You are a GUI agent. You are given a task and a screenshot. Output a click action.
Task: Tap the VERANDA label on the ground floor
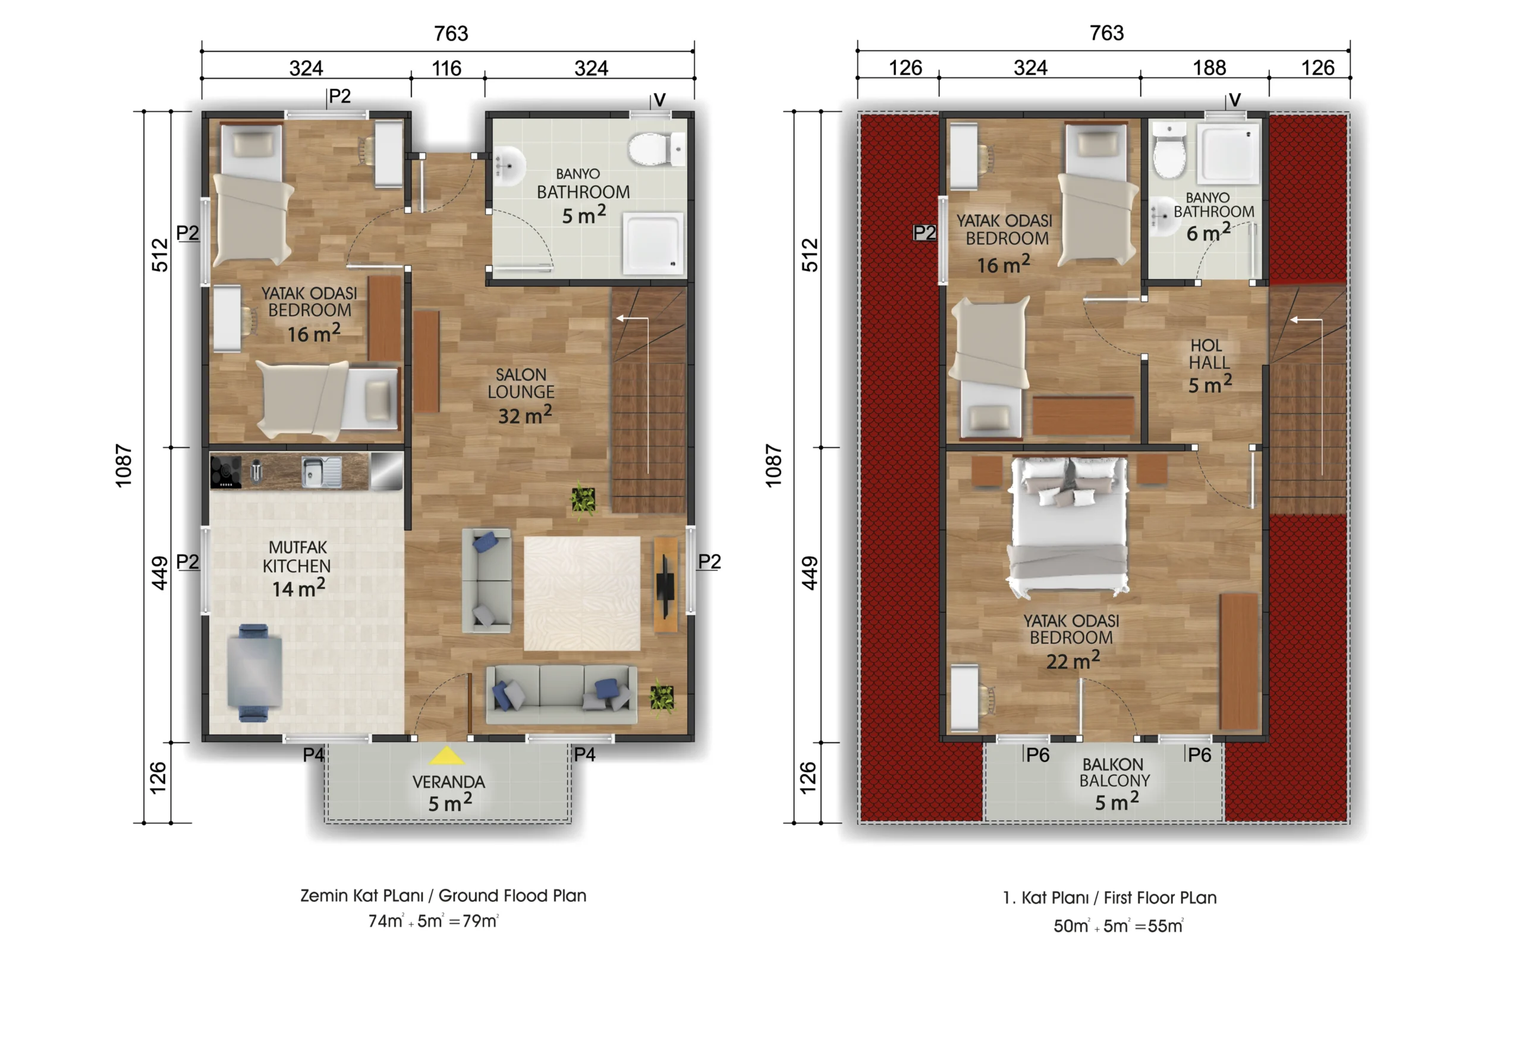(449, 782)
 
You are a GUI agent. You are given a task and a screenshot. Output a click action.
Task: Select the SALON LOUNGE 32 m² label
(522, 396)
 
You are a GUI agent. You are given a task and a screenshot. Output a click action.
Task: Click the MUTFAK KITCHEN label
(297, 556)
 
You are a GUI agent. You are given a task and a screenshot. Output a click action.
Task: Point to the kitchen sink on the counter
(321, 471)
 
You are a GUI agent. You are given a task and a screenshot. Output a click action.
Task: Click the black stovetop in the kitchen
(225, 472)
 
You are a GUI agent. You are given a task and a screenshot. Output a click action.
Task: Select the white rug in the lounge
(581, 593)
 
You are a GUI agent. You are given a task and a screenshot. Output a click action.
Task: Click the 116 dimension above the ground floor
(446, 68)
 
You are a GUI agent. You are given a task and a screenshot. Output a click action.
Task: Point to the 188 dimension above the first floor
(1209, 67)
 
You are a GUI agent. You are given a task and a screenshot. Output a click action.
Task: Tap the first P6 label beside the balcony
(1038, 755)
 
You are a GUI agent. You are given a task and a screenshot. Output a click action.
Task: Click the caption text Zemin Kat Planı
(361, 895)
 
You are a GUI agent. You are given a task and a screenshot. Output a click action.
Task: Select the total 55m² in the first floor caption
(1166, 925)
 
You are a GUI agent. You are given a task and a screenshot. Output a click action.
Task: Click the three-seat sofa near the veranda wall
(561, 695)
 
